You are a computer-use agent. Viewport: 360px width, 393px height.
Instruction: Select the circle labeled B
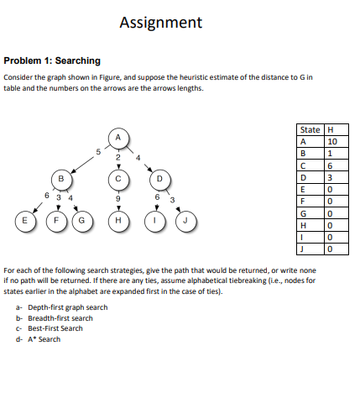(x=60, y=178)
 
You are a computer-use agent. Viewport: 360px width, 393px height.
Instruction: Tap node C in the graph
(x=118, y=178)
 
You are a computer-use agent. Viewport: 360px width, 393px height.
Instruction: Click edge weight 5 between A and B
(x=97, y=151)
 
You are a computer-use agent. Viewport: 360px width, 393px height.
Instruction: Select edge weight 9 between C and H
(x=118, y=200)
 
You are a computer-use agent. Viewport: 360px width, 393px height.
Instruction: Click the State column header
(x=310, y=129)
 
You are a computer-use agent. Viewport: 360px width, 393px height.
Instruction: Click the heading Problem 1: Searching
(x=52, y=60)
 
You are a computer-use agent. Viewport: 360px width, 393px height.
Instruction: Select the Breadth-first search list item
(x=57, y=318)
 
